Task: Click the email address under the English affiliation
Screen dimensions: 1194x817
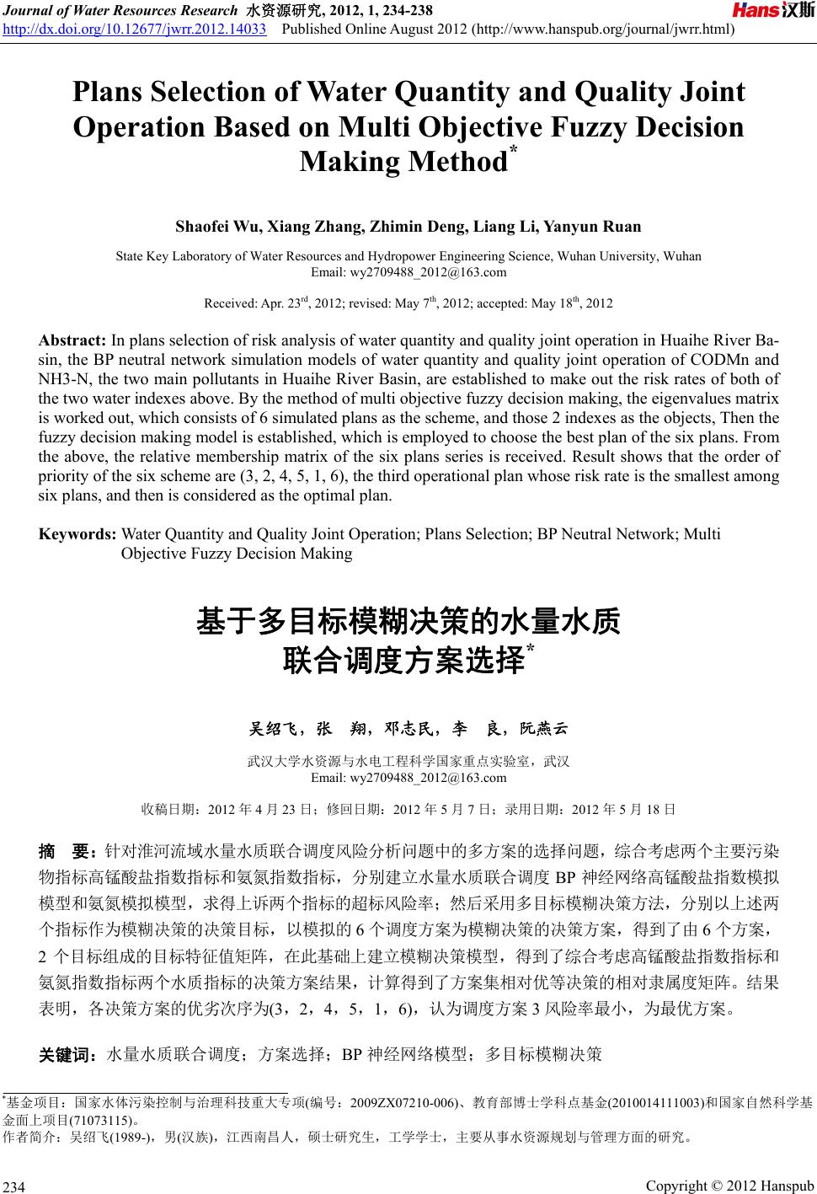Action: (x=408, y=272)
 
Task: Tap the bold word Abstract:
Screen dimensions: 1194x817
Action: (x=72, y=340)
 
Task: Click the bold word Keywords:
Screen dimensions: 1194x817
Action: (x=77, y=534)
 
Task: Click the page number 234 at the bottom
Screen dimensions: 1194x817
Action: (x=14, y=1186)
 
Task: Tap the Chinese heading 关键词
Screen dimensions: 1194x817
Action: (x=69, y=1053)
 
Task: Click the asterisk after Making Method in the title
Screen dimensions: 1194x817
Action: (x=510, y=152)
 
